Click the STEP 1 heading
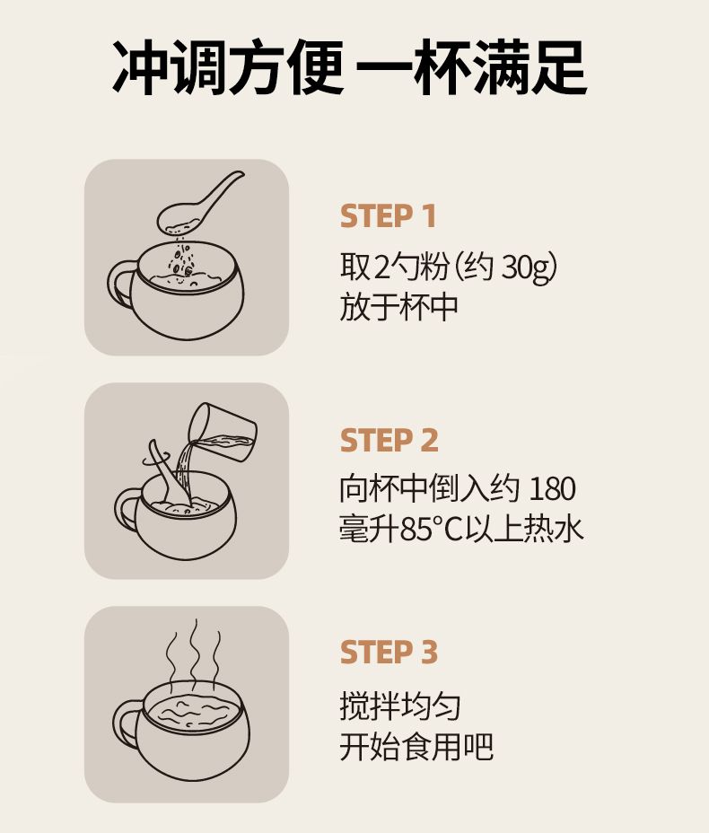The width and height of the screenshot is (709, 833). [x=388, y=216]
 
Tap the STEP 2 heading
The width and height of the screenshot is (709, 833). [x=390, y=441]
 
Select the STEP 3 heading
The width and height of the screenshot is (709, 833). [x=389, y=652]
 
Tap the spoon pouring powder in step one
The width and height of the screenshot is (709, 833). [x=200, y=204]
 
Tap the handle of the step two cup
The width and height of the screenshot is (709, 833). [x=127, y=510]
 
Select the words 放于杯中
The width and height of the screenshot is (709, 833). [x=398, y=307]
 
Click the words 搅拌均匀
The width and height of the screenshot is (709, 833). [x=399, y=706]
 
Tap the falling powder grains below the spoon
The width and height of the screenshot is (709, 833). [x=182, y=260]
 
